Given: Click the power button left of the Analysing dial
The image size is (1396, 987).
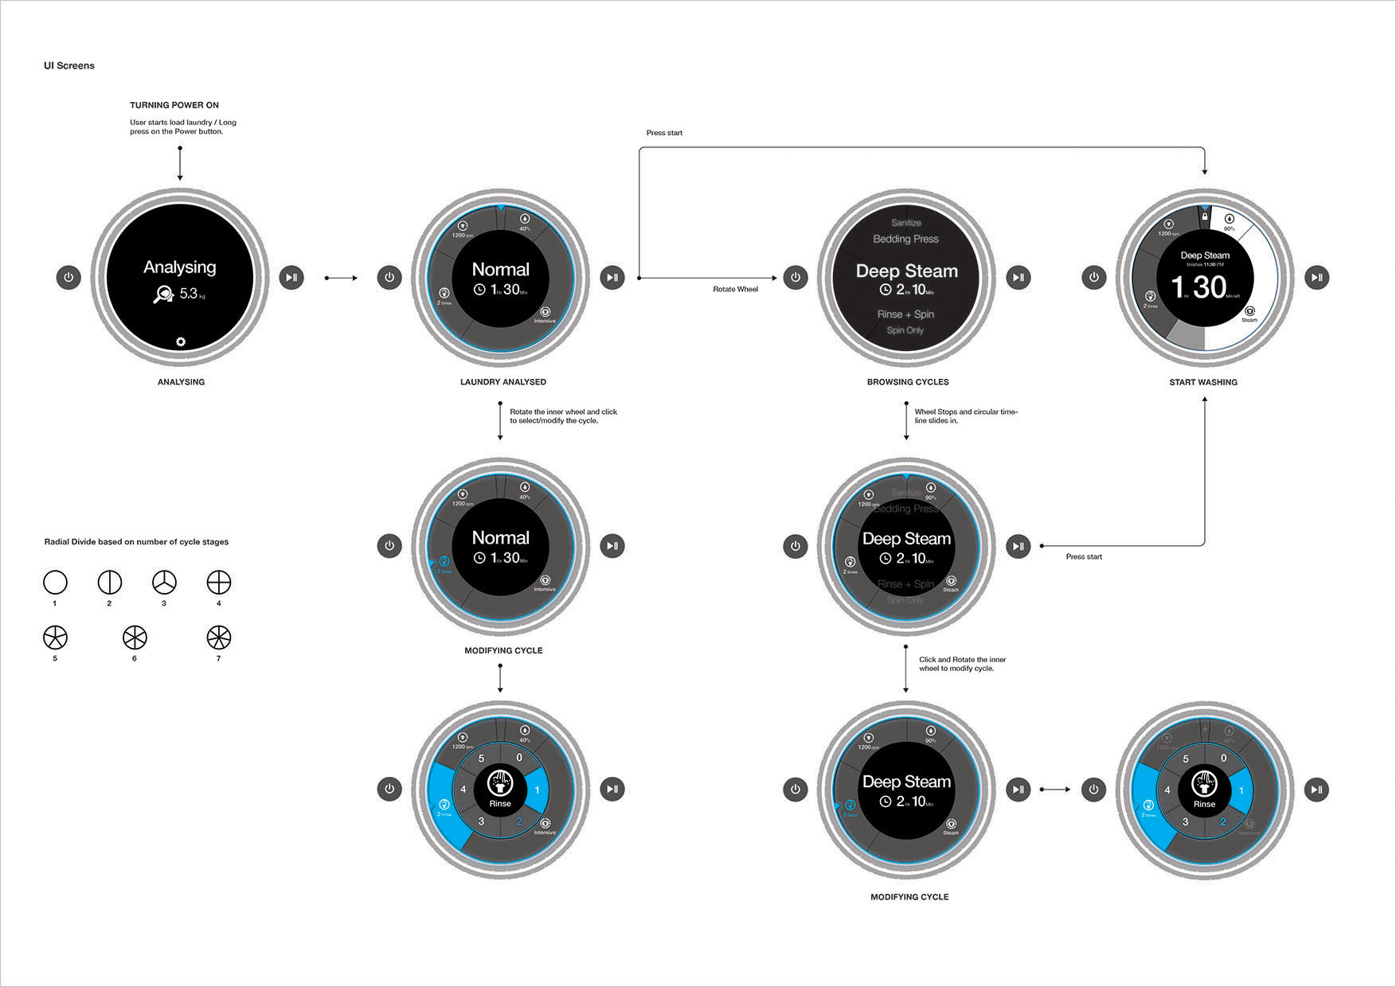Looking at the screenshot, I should [x=68, y=277].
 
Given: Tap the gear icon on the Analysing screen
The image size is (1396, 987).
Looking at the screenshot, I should [x=181, y=341].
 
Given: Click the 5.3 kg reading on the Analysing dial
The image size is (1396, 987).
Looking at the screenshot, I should [x=189, y=294].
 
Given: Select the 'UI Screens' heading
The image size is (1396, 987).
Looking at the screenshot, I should [x=69, y=66].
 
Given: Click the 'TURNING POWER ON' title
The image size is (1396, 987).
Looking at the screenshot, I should [x=174, y=105].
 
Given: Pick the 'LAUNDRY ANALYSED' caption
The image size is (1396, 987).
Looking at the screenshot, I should [x=503, y=382].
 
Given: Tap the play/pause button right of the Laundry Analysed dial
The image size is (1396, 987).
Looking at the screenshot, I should [x=612, y=277].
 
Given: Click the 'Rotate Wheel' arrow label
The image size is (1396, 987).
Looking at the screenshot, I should [x=735, y=289].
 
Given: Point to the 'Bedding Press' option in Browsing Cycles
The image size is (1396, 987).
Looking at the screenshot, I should [x=905, y=239].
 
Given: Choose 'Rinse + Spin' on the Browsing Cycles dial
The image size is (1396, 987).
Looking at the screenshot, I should [x=905, y=314].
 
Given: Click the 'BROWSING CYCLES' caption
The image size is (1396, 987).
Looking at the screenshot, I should [x=908, y=382].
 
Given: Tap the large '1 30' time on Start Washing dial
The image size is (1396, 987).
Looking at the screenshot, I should [x=1199, y=287].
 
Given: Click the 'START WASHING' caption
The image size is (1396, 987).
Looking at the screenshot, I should [x=1203, y=382].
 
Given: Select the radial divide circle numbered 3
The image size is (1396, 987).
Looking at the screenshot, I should [x=164, y=583].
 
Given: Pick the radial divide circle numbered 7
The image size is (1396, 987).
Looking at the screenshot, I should [x=218, y=638].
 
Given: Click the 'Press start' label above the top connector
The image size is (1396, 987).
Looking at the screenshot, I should [x=664, y=133].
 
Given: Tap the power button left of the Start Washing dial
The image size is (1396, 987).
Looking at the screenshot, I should [x=1094, y=277].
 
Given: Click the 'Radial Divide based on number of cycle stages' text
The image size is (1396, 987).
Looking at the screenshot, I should [x=136, y=542].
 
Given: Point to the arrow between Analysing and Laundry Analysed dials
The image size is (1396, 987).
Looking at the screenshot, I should [x=342, y=278].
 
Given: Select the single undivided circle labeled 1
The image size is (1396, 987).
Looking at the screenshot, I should [x=55, y=583].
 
